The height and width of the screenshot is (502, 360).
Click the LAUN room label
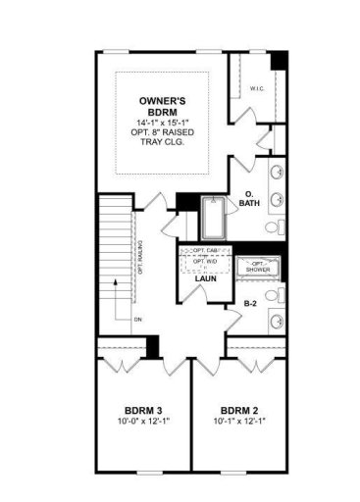tap(205, 278)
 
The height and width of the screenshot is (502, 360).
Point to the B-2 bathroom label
tap(251, 304)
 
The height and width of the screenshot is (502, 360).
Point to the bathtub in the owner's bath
tap(213, 218)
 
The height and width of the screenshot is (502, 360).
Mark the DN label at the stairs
tap(138, 319)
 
